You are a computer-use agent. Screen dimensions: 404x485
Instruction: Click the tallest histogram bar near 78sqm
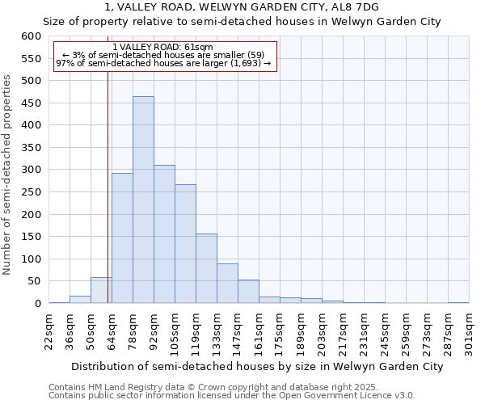[x=143, y=200]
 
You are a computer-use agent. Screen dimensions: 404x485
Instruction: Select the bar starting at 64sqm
[x=122, y=238]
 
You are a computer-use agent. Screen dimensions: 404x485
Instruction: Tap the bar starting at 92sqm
[x=164, y=234]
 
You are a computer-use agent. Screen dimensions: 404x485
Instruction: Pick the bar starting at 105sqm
[x=185, y=244]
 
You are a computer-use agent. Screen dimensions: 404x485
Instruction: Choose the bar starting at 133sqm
[x=227, y=284]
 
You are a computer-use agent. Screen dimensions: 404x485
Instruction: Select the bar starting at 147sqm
[x=248, y=292]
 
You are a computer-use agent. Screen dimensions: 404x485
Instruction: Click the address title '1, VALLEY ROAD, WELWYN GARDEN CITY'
[x=242, y=6]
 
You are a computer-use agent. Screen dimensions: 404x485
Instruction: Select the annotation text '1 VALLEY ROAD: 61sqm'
[x=163, y=48]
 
